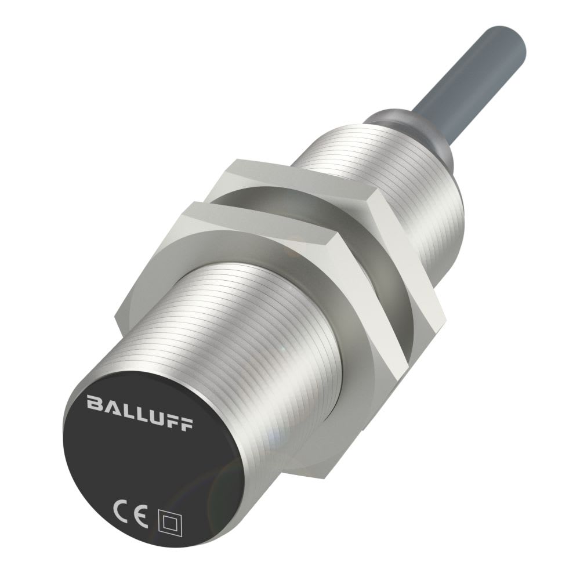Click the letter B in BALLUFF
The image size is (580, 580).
(x=93, y=403)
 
